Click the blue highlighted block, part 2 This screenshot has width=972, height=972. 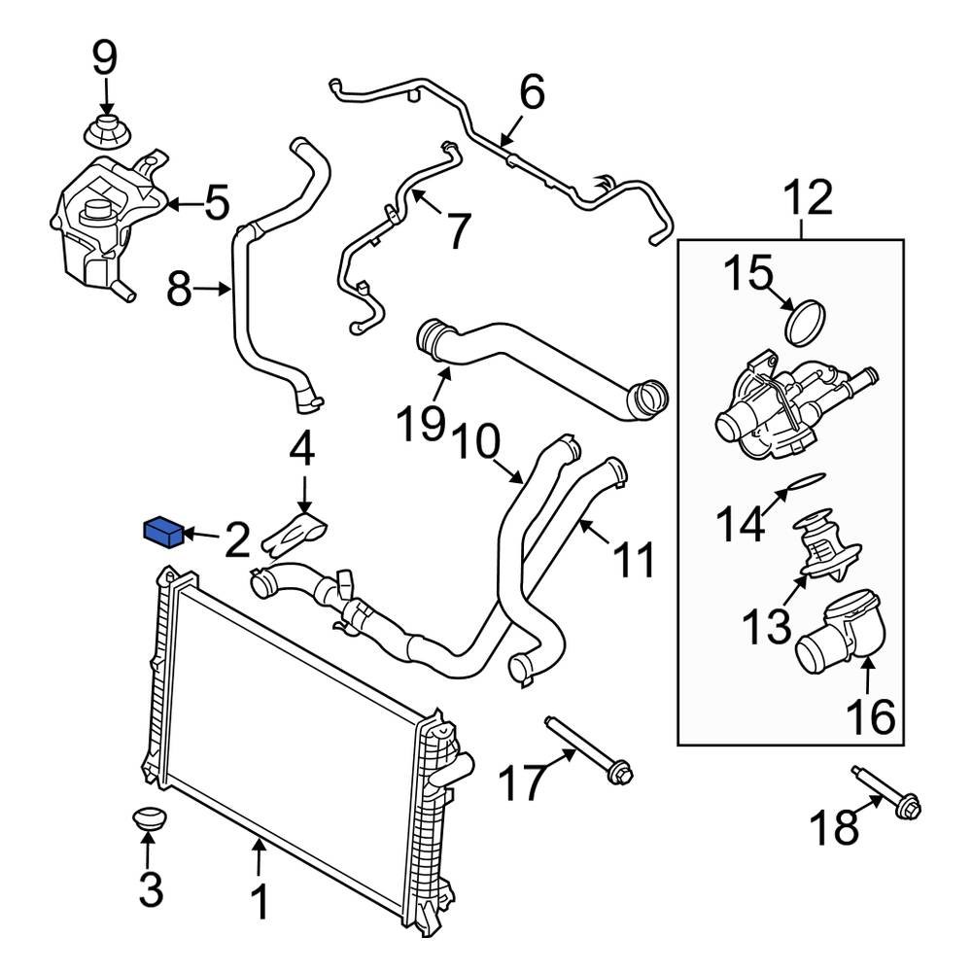click(x=163, y=532)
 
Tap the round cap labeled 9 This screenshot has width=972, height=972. click(x=105, y=131)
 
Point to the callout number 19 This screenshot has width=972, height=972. click(x=420, y=425)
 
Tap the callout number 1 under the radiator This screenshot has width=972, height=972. click(x=260, y=901)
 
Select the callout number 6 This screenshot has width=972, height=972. click(x=532, y=93)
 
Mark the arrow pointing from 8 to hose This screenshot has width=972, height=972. click(x=212, y=289)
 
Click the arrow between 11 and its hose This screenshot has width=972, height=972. click(x=598, y=542)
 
